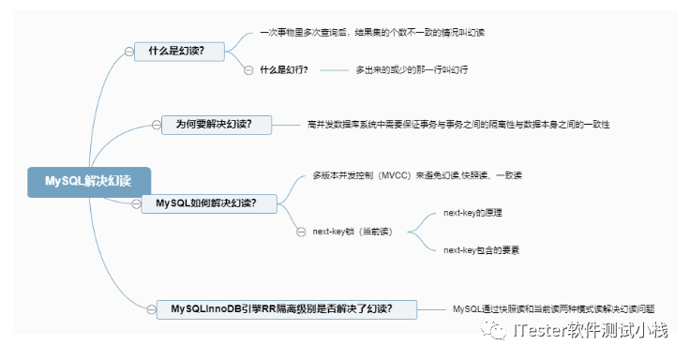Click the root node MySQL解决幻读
click(88, 181)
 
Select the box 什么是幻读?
click(178, 51)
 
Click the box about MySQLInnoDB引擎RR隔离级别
click(281, 307)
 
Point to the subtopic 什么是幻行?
click(284, 69)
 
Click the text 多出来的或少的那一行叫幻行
click(412, 69)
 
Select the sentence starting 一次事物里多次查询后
click(373, 32)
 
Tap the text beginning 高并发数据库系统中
click(458, 123)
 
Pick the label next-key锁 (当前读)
click(352, 231)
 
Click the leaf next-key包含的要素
click(482, 250)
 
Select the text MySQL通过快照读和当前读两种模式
click(553, 307)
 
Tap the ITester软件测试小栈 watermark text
click(590, 331)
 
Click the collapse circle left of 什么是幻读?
click(127, 52)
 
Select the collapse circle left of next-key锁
click(300, 232)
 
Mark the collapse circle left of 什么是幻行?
click(247, 70)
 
